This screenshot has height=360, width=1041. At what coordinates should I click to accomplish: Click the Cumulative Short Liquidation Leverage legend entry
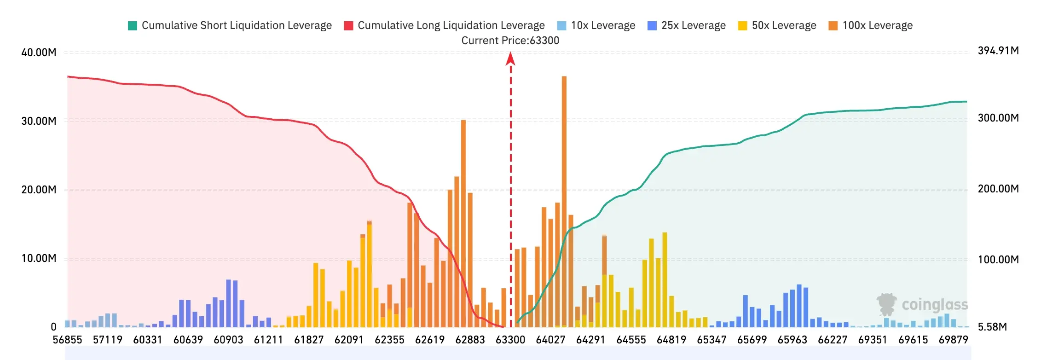(x=230, y=25)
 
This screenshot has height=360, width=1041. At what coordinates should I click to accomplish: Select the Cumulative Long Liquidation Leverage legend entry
(x=445, y=25)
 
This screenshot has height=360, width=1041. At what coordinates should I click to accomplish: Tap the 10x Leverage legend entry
(x=596, y=25)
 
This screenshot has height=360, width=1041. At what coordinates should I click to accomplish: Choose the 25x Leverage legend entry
(x=687, y=25)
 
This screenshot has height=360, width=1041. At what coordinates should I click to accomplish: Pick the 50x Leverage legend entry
(x=777, y=25)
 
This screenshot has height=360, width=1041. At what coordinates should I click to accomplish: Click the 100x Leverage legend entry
(x=870, y=25)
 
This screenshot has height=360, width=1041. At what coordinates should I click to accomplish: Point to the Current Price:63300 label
(x=510, y=41)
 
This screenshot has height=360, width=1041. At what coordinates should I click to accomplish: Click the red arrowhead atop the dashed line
(x=510, y=58)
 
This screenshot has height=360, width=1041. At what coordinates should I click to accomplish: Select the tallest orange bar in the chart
(x=564, y=201)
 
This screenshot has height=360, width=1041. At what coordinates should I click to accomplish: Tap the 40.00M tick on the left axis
(x=39, y=52)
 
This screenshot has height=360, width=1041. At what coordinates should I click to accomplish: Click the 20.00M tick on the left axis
(x=39, y=190)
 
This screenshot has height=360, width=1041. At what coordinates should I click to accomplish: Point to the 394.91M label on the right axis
(x=998, y=51)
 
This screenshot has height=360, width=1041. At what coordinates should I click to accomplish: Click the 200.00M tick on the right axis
(x=998, y=189)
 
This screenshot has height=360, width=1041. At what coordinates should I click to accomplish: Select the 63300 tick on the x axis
(x=510, y=340)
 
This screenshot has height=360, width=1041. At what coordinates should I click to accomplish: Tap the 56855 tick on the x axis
(x=68, y=340)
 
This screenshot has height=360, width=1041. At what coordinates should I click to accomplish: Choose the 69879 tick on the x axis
(x=954, y=340)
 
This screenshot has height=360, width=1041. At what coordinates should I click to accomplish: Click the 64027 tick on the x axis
(x=551, y=340)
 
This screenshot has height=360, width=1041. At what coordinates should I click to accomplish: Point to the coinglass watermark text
(x=935, y=305)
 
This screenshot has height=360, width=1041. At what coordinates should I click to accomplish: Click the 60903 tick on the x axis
(x=229, y=340)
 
